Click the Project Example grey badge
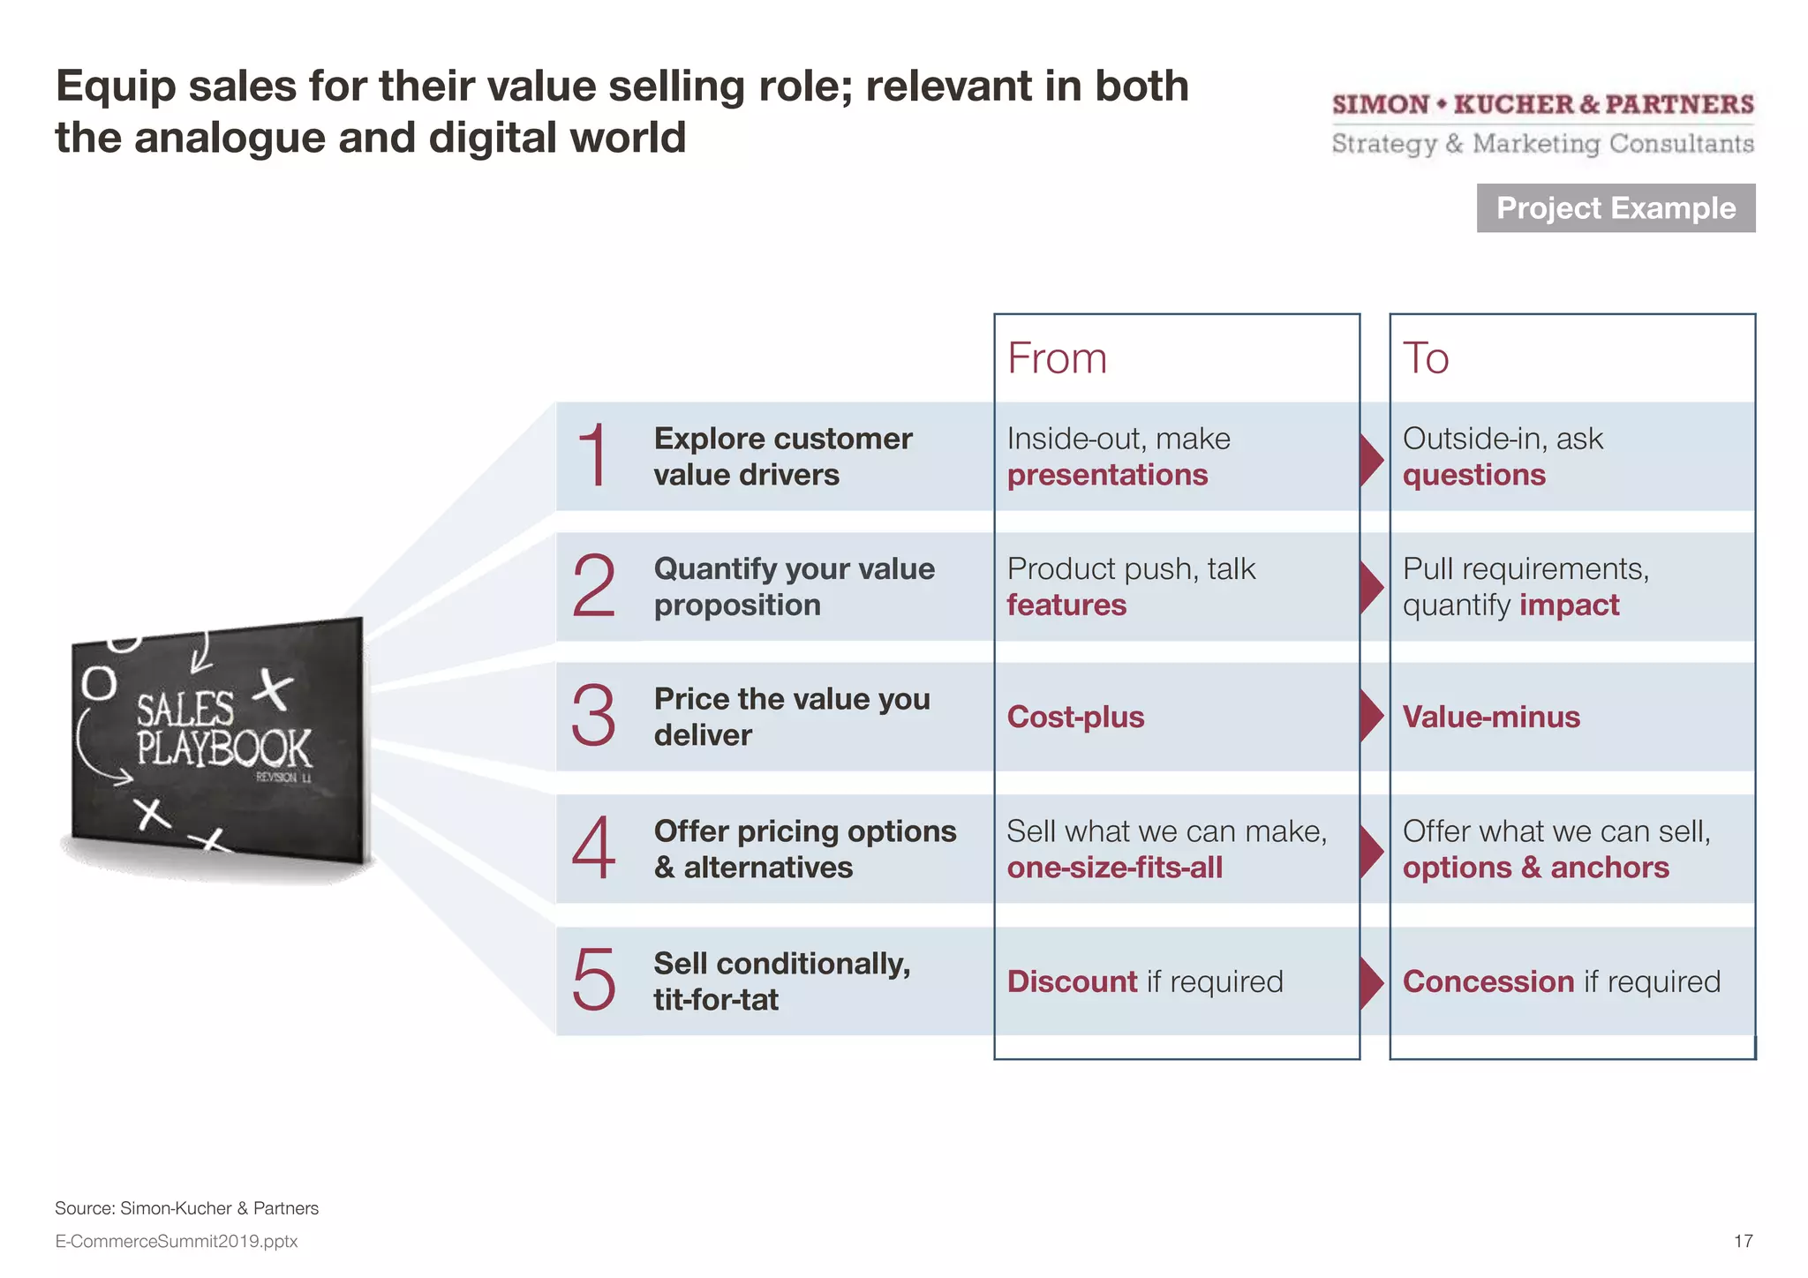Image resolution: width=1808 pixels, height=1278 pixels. pos(1616,208)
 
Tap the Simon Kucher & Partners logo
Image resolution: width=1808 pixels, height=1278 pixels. pos(1542,124)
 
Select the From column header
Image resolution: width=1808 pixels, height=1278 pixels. pos(1057,358)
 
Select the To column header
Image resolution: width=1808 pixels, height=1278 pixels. pos(1426,358)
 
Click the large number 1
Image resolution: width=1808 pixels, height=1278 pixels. pos(593,455)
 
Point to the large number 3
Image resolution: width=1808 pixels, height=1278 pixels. pos(593,716)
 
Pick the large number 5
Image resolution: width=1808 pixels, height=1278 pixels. pos(593,980)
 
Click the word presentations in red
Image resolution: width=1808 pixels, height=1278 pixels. pos(1107,476)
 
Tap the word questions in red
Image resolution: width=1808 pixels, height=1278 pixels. pos(1473,476)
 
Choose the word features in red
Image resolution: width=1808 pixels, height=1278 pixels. pos(1066,605)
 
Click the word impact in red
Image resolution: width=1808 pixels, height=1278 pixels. pos(1569,605)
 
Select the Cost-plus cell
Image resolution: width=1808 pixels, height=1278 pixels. pos(1075,717)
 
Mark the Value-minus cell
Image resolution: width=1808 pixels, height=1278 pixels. pos(1491,717)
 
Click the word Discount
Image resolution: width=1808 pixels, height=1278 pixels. pos(1072,981)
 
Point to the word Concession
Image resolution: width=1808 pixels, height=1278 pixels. pos(1488,981)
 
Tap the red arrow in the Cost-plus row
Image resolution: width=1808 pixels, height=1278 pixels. pos(1371,716)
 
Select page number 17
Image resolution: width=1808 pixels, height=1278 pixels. pos(1743,1241)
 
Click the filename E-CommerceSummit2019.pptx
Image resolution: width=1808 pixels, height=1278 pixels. pos(177,1241)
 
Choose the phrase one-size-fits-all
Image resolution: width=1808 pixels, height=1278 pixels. pos(1114,868)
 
